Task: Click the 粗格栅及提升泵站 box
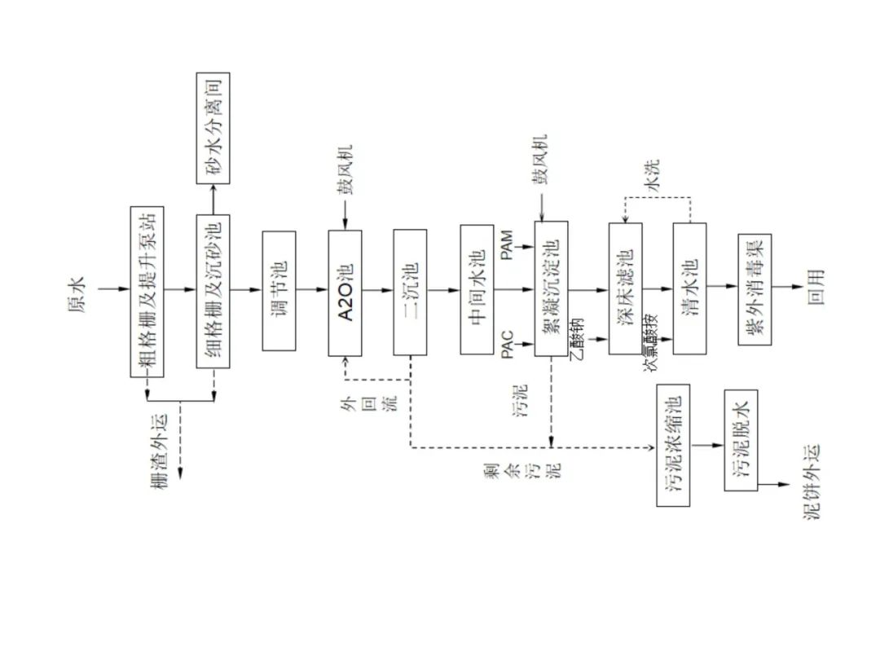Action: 147,291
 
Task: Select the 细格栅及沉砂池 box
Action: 213,291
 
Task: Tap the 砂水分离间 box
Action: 213,128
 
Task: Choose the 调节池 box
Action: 279,291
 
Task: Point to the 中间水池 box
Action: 477,289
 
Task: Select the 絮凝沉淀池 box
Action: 551,288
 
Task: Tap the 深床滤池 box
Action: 626,288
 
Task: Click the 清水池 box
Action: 690,288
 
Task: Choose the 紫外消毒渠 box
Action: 755,289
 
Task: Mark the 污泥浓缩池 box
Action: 673,445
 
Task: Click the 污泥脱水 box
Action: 741,440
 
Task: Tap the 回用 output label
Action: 816,287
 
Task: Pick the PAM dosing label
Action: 507,245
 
